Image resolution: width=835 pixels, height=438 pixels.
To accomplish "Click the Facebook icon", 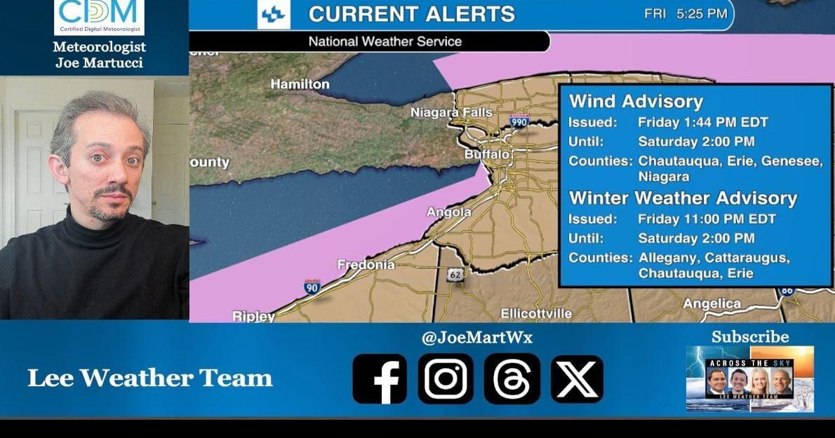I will pos(379,378).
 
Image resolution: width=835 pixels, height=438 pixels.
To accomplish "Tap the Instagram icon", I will pos(446,378).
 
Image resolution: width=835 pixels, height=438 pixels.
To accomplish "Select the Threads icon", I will pos(512,378).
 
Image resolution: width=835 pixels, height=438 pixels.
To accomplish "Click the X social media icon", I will pos(577,378).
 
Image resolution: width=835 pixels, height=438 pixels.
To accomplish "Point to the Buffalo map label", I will pos(486,154).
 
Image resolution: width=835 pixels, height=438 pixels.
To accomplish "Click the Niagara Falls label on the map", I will pos(451,113).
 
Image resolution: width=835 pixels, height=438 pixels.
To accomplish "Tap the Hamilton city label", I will pos(300,84).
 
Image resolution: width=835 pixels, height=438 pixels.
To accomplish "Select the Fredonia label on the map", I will pos(366,265).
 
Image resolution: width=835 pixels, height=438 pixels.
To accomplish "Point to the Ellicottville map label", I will pos(536,313).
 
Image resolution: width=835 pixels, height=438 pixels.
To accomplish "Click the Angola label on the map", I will pos(449,212).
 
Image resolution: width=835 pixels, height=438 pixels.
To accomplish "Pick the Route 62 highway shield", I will pos(455,275).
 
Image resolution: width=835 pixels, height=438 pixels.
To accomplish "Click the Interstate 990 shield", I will pos(519,121).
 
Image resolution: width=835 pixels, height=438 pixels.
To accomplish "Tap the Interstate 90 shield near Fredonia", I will pos(312,286).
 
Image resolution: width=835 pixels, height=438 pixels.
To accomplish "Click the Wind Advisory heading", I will pos(636,102).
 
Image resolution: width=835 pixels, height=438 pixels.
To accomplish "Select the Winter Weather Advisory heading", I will pos(683,198).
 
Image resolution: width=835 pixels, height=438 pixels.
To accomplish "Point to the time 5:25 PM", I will pos(702,14).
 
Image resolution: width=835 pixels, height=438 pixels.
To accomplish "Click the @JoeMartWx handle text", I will pos(477,338).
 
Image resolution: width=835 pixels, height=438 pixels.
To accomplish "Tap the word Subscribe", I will pos(750,337).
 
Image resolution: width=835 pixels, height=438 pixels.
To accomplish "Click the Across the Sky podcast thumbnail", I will pos(750,378).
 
